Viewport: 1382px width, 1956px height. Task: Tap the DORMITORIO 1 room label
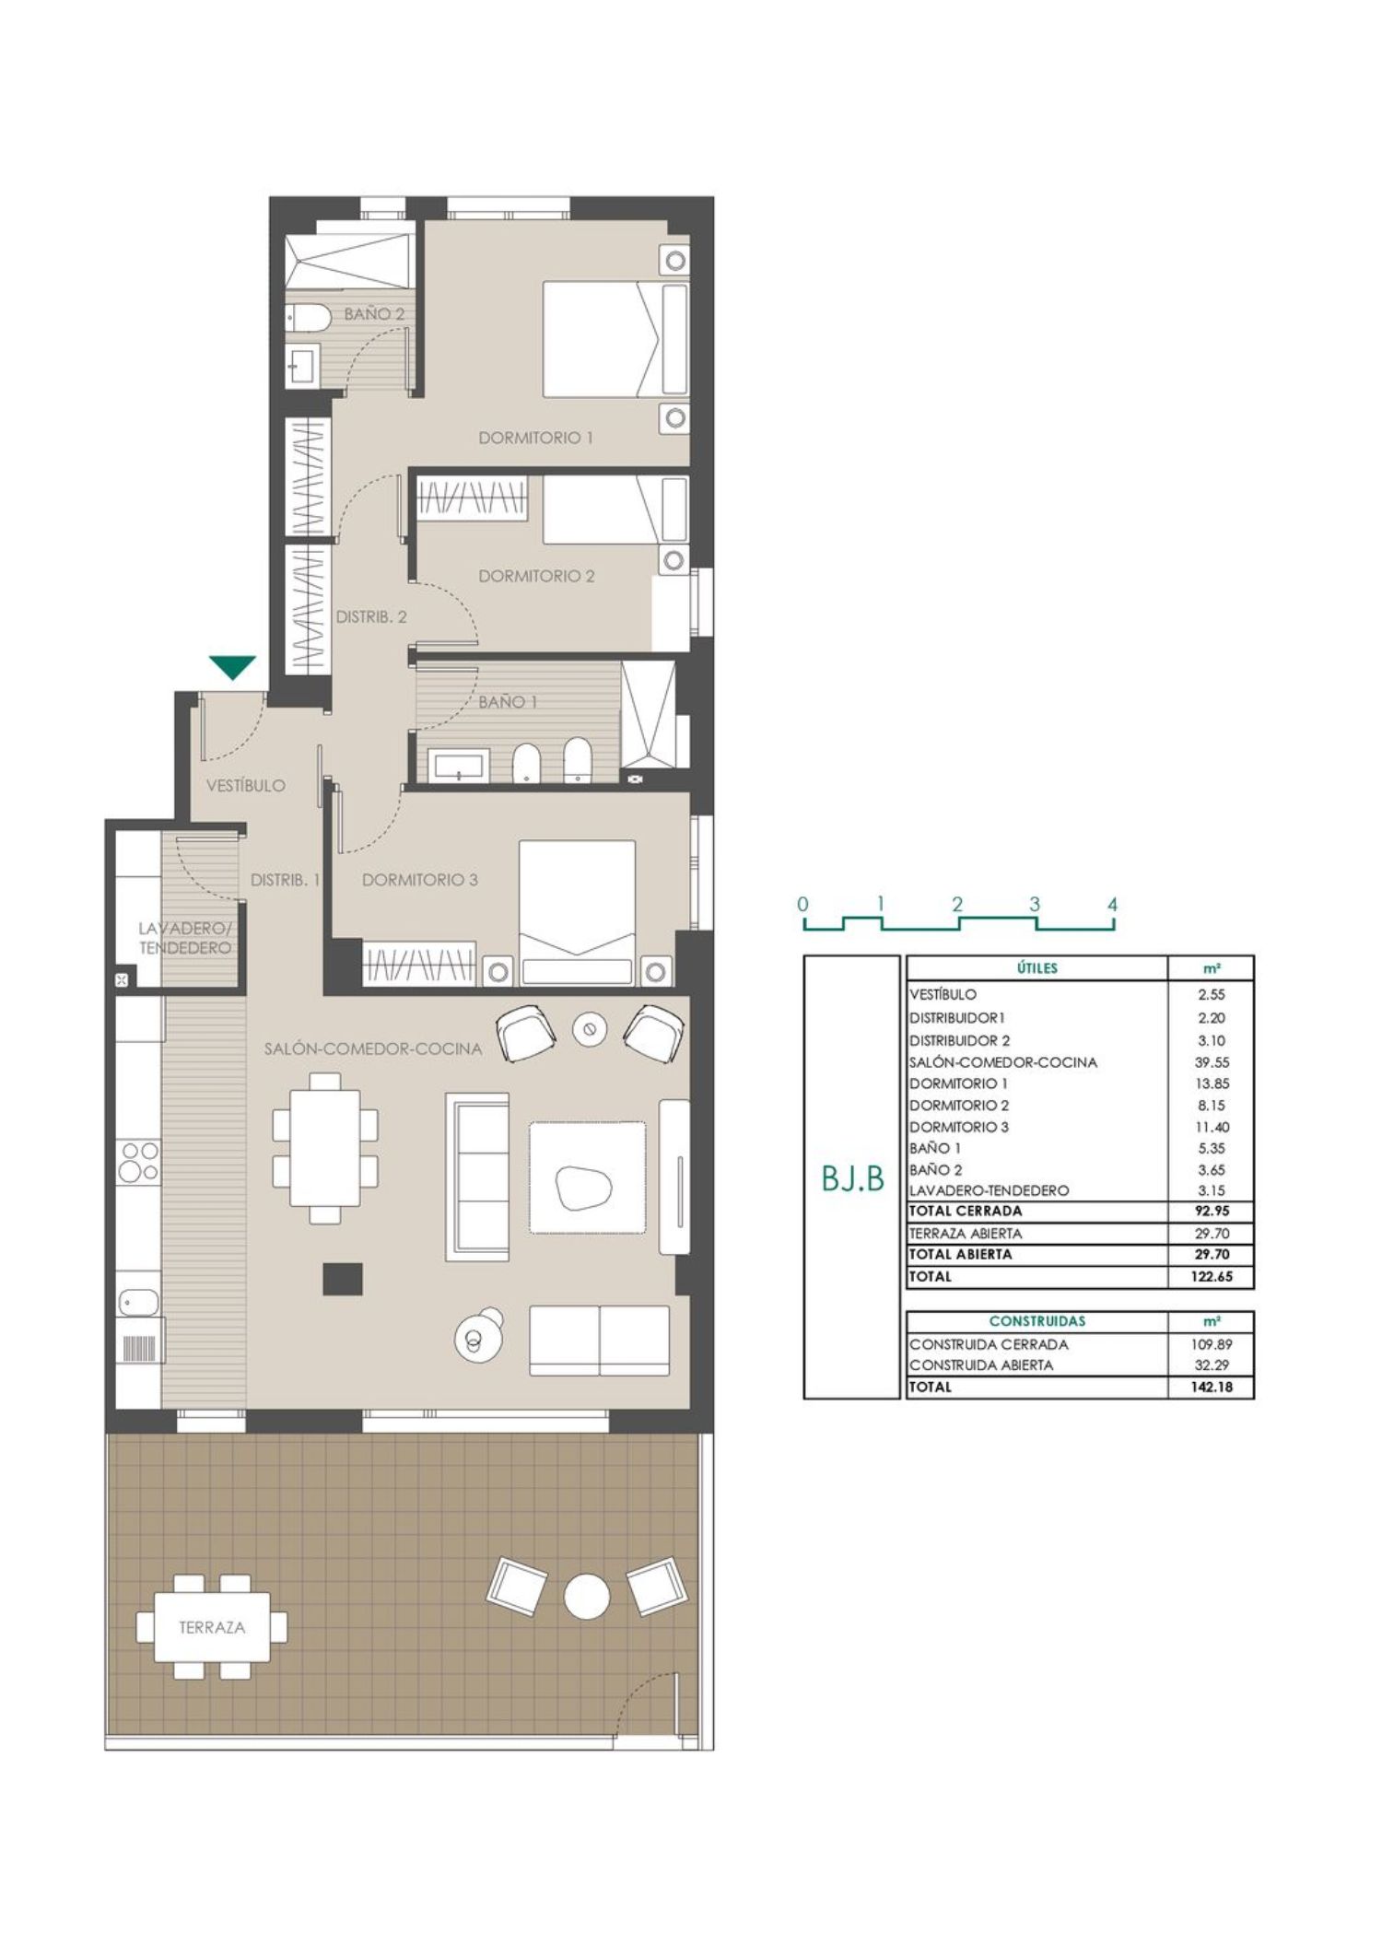(535, 438)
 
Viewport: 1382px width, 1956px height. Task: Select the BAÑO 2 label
(374, 314)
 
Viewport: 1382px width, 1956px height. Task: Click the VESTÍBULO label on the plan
(246, 786)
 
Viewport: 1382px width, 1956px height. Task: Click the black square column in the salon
(343, 1279)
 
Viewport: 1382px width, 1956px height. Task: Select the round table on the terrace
(586, 1597)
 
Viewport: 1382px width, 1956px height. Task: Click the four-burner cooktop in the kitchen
(139, 1161)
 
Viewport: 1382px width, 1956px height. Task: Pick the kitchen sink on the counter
(139, 1301)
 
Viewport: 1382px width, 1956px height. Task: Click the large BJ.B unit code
(852, 1179)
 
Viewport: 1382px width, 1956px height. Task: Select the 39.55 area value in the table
(1211, 1062)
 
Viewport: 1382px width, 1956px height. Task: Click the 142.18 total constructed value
(1211, 1387)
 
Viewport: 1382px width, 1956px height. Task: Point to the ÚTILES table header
(1036, 968)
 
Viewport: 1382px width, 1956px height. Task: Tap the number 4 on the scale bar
(1112, 905)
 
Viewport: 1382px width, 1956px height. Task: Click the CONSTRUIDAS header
(1037, 1321)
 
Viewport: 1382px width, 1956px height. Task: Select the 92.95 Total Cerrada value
(1211, 1212)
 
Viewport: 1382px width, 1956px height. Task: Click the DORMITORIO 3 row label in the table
(958, 1127)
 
